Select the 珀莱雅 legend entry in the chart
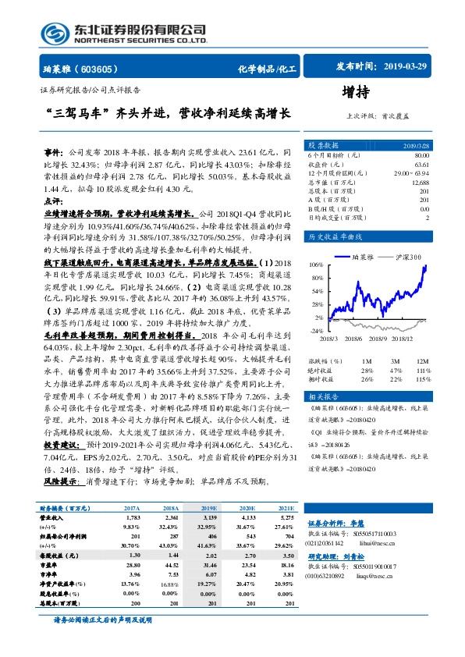[x=363, y=256]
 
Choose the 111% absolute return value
[x=422, y=371]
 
